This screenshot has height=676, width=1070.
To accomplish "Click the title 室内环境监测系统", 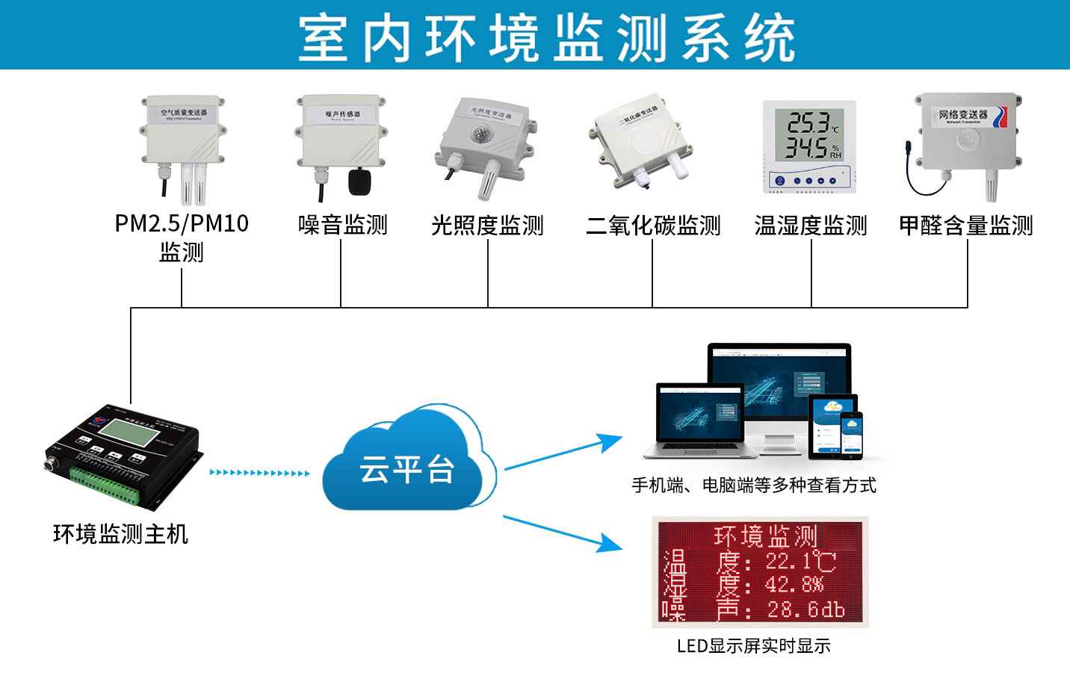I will click(546, 37).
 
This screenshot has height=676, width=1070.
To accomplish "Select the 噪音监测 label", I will click(342, 224).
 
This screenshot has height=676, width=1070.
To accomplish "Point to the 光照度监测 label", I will click(487, 224).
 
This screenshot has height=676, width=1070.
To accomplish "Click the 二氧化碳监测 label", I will click(652, 224).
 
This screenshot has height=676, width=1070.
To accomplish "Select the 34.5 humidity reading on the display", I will click(805, 146).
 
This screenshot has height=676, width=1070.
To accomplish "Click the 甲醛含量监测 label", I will click(965, 224).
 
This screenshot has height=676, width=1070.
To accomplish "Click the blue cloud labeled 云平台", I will click(408, 466).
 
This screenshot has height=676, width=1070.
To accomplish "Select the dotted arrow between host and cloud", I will click(259, 472).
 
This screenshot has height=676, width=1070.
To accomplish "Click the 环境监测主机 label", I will click(120, 533).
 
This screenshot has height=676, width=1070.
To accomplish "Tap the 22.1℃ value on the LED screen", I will click(800, 561).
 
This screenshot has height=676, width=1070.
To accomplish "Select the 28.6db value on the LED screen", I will click(805, 610).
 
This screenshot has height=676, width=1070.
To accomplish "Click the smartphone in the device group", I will click(851, 433).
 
